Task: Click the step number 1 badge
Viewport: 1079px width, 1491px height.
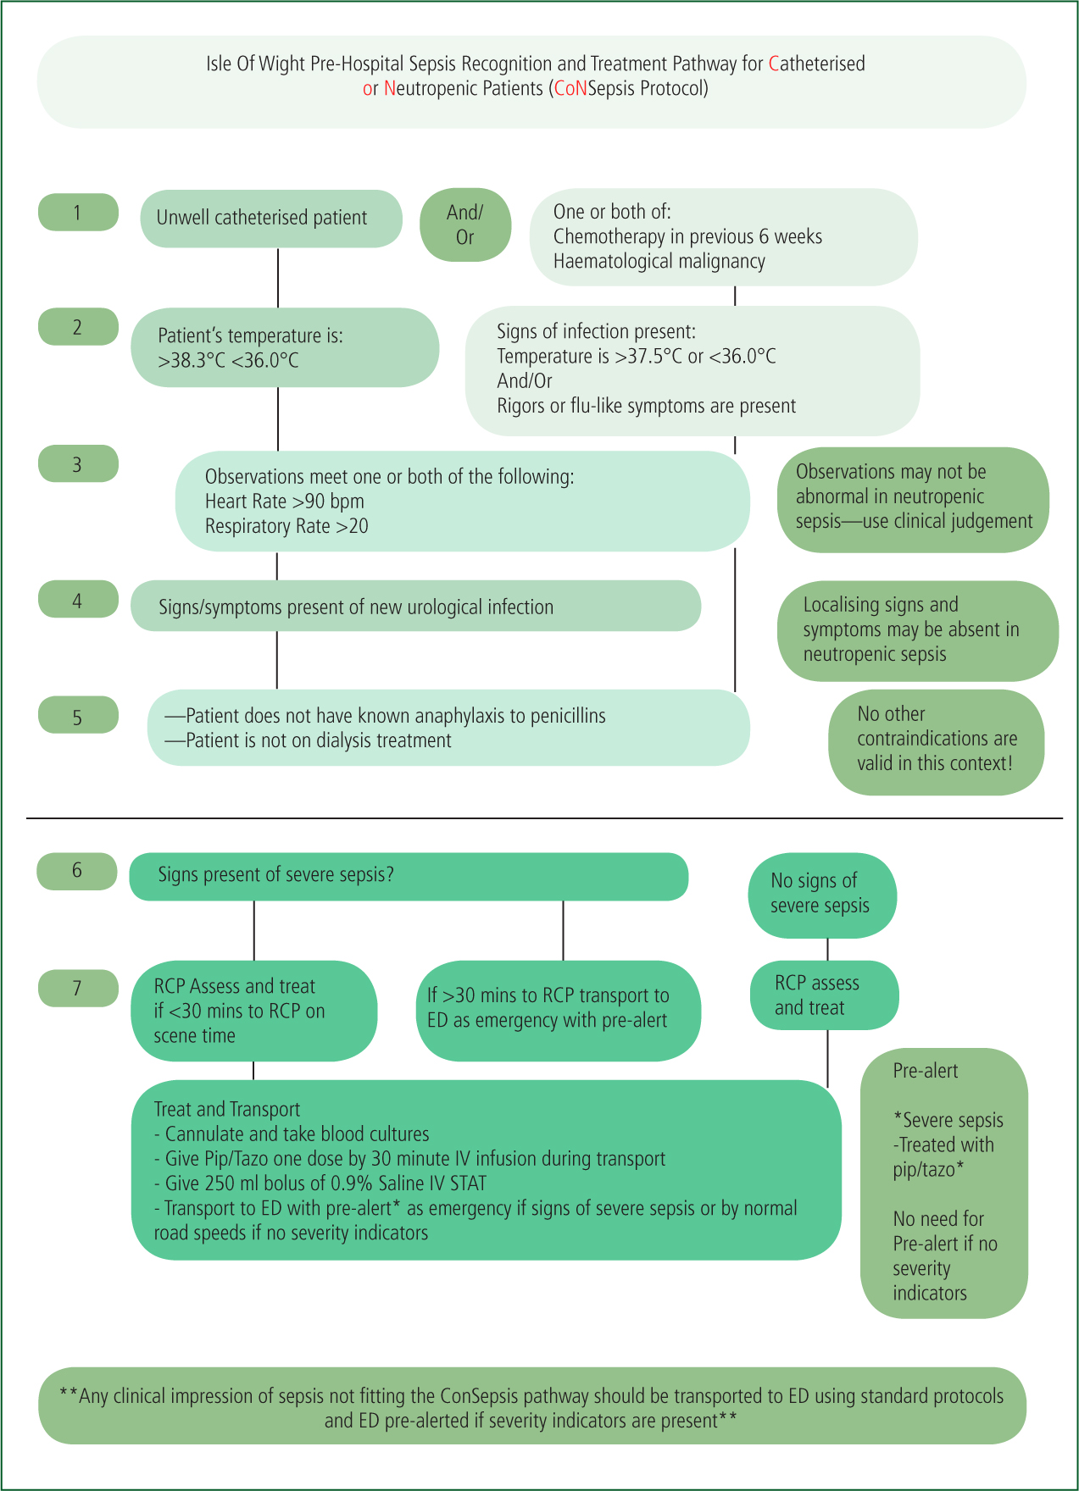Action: [78, 212]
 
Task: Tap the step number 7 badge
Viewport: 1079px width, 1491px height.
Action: [78, 988]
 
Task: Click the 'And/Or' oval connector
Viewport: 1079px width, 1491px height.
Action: [465, 224]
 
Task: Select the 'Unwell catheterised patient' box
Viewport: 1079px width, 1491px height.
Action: [271, 219]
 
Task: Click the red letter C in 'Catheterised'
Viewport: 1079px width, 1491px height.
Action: [774, 64]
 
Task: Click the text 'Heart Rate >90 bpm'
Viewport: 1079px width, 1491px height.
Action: [285, 502]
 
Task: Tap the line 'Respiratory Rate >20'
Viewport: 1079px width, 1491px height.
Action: [286, 526]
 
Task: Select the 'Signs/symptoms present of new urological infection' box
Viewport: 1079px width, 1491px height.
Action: [415, 606]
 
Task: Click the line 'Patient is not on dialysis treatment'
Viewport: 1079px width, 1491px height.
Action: [309, 740]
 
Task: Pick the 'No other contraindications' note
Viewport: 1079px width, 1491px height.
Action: [937, 742]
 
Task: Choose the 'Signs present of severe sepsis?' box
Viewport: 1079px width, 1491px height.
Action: [409, 876]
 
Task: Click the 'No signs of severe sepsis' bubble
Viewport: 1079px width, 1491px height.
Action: [822, 895]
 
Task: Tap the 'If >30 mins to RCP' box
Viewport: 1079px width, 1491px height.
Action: [559, 1010]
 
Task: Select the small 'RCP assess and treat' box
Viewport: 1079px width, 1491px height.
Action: [825, 995]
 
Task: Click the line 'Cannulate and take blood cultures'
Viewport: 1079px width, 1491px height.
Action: [292, 1134]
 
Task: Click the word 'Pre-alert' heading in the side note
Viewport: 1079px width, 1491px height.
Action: [926, 1071]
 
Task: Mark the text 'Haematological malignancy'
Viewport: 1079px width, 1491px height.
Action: [659, 262]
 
